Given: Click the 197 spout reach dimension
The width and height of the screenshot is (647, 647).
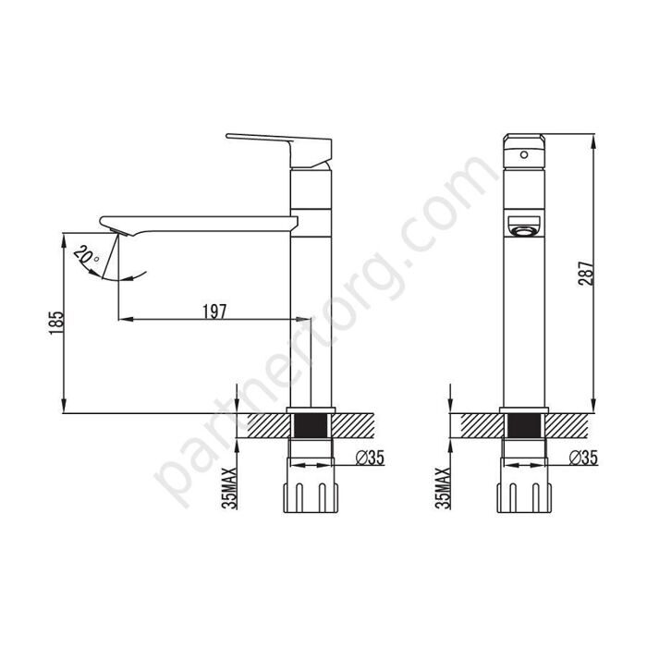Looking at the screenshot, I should [214, 311].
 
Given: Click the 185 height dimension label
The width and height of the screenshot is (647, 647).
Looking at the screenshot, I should [56, 321].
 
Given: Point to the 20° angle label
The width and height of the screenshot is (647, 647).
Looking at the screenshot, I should [88, 254].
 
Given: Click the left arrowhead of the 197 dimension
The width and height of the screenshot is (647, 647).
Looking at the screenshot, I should [125, 320].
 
